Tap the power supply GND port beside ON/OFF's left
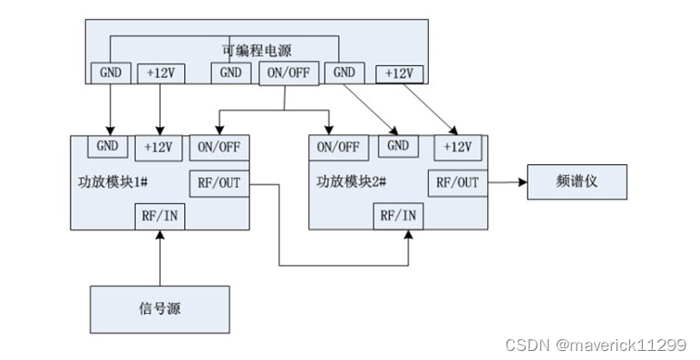coord(231,73)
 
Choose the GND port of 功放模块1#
coord(107,146)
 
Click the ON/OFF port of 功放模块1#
coord(219,147)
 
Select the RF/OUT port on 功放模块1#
coord(219,182)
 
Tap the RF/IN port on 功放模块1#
coord(160,216)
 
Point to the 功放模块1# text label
coord(114,181)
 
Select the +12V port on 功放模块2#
coord(458,147)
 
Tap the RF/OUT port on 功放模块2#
coord(458,182)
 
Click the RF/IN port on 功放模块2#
coord(400,216)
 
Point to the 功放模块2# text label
coord(354,181)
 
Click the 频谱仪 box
coord(576,182)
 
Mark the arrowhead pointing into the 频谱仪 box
coord(522,182)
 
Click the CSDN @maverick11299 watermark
coord(595,345)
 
